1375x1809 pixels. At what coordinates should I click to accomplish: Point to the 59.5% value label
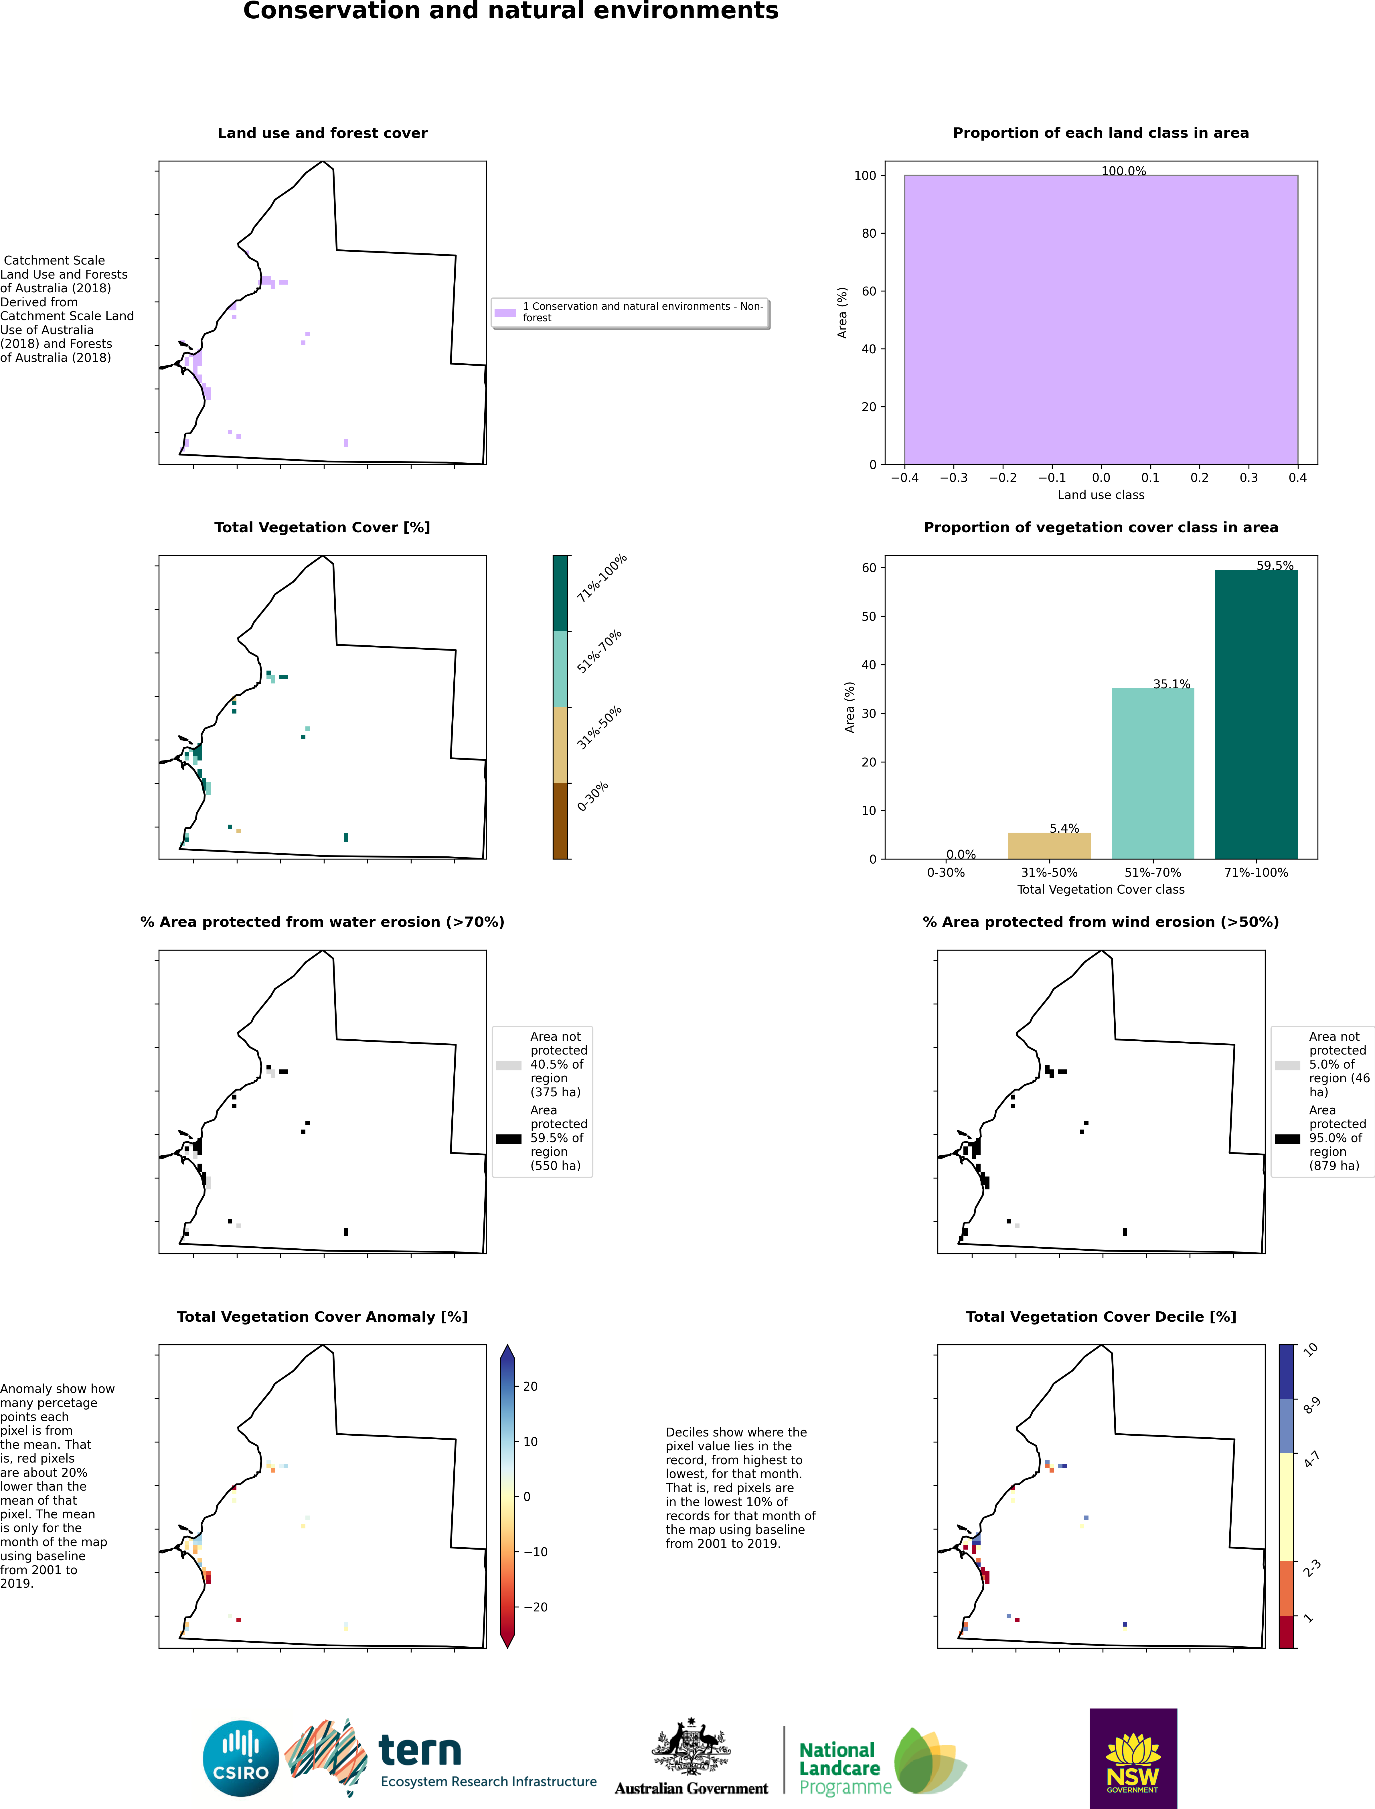1274,565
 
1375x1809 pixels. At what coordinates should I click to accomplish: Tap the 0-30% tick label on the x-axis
945,873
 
